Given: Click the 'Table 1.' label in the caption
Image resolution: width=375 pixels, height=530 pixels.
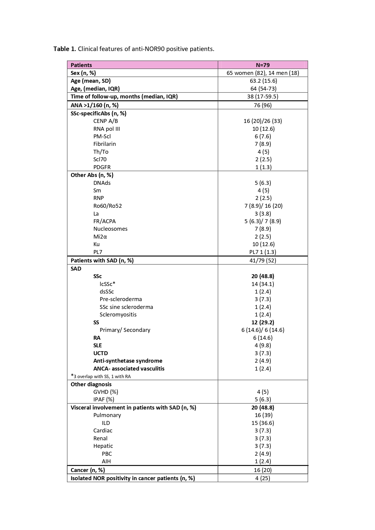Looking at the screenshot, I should pyautogui.click(x=65, y=49).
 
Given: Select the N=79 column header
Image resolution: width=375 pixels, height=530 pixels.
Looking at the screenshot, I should pyautogui.click(x=263, y=65).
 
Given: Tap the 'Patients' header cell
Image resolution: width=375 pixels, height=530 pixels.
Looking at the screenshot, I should pyautogui.click(x=81, y=65).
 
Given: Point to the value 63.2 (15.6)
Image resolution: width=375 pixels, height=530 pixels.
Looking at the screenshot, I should pyautogui.click(x=263, y=81).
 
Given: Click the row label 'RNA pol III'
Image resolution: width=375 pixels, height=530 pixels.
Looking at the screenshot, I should pyautogui.click(x=106, y=129).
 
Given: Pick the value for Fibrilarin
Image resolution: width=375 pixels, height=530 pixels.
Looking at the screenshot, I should pyautogui.click(x=263, y=144).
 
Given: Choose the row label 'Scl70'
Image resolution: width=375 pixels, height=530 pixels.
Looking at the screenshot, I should pyautogui.click(x=100, y=159).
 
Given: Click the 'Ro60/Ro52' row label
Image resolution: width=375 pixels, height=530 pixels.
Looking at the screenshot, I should pyautogui.click(x=107, y=206).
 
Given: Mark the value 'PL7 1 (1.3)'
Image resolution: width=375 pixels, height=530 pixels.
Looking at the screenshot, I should pyautogui.click(x=263, y=252).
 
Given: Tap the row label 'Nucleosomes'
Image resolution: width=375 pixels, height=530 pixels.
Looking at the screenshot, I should pyautogui.click(x=110, y=229).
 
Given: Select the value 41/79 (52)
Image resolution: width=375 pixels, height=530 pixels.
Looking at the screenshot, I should pyautogui.click(x=263, y=260).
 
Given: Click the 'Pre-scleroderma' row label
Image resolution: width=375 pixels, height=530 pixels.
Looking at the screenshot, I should pyautogui.click(x=121, y=299).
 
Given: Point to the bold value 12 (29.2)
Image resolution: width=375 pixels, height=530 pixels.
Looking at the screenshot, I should pyautogui.click(x=263, y=322).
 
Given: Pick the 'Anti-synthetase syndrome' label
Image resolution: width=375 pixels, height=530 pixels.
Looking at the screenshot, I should pyautogui.click(x=128, y=361).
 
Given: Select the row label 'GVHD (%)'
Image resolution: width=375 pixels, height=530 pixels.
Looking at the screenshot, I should pyautogui.click(x=105, y=392).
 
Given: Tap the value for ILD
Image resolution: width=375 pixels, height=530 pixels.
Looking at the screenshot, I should pyautogui.click(x=263, y=423).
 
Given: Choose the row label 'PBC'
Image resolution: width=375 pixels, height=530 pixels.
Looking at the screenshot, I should pyautogui.click(x=107, y=454).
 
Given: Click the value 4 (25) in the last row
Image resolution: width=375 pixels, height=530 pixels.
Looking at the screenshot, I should pyautogui.click(x=263, y=478).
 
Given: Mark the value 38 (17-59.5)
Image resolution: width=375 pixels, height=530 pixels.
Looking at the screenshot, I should pyautogui.click(x=263, y=97).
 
